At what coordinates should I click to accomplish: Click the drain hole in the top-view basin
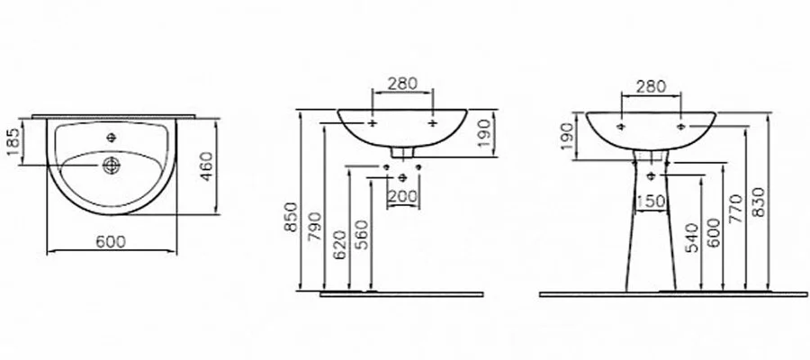(x=112, y=166)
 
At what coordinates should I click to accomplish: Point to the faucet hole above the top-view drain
(x=112, y=138)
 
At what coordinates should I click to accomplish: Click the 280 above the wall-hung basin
(x=401, y=84)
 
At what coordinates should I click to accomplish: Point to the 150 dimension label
(x=651, y=202)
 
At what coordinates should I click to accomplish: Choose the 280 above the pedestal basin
(x=651, y=86)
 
